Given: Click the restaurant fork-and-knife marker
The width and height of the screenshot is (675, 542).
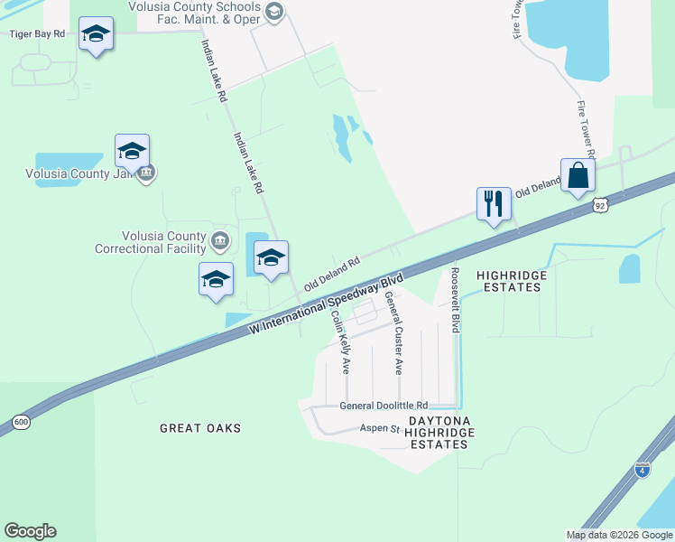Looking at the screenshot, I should pyautogui.click(x=494, y=202).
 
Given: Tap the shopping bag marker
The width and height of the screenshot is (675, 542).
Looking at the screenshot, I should pyautogui.click(x=578, y=174).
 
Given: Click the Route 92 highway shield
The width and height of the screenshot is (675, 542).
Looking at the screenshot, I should pyautogui.click(x=601, y=206).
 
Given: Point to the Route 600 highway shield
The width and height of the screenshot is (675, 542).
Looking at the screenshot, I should pyautogui.click(x=20, y=421).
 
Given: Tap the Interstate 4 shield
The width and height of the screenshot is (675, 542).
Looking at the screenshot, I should pyautogui.click(x=642, y=470).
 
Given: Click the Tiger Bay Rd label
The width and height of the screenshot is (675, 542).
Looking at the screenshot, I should pyautogui.click(x=37, y=33).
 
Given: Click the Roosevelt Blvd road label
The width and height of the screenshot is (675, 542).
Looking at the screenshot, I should pyautogui.click(x=456, y=300).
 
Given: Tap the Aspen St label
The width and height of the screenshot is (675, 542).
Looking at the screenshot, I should pyautogui.click(x=379, y=428).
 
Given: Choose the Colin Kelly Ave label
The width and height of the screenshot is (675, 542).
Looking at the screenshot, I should pyautogui.click(x=340, y=343).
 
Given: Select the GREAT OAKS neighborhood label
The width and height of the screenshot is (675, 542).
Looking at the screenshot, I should pyautogui.click(x=200, y=427).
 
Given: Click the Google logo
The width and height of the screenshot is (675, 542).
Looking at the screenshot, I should pyautogui.click(x=30, y=531).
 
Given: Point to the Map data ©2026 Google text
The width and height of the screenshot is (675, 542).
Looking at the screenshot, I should pyautogui.click(x=619, y=535).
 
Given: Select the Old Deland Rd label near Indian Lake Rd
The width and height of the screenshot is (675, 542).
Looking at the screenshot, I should pyautogui.click(x=332, y=272).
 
